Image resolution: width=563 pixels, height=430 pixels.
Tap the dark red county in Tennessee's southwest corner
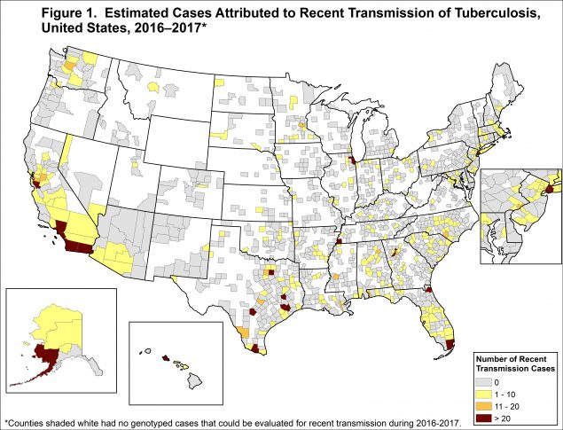339,240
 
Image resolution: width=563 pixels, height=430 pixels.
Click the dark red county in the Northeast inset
547,188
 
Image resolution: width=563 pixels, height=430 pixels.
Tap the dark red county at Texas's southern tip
256,349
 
